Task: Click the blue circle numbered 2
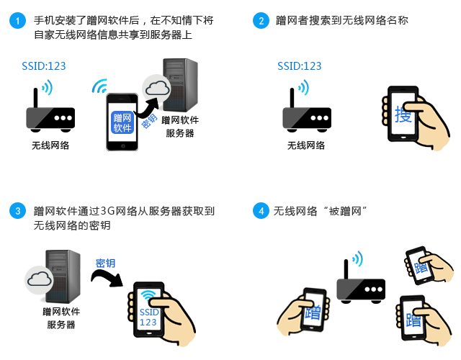coord(259,21)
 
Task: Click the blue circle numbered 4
coord(259,211)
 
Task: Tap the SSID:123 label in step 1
coord(43,66)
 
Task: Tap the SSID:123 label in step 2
coord(299,66)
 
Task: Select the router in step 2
coord(306,114)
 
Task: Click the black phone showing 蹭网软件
coord(122,120)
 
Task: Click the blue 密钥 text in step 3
coord(105,263)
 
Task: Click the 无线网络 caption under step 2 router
coord(306,145)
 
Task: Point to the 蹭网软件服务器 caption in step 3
coord(61,318)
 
